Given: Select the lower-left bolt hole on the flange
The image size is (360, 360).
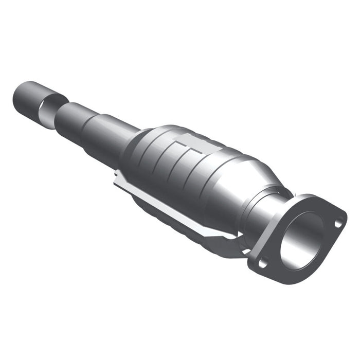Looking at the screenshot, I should (x=262, y=262).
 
